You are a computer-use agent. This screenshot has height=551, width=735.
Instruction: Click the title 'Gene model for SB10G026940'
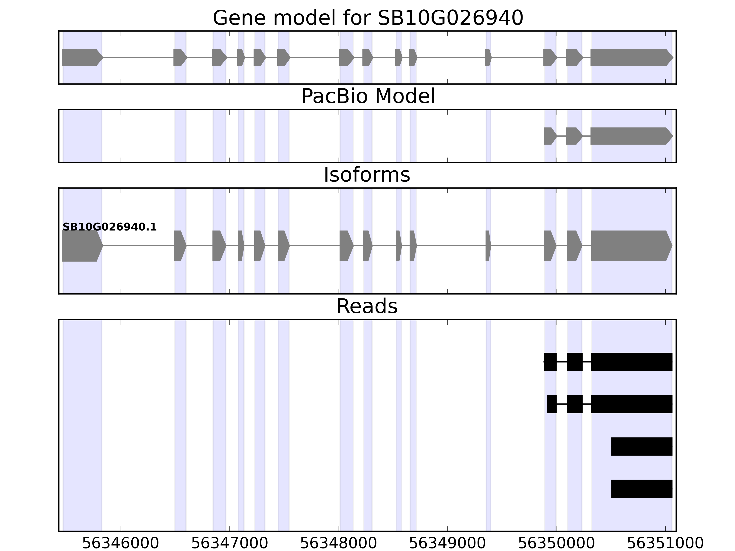click(368, 18)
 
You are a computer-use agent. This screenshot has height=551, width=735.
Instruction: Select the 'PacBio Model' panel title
click(368, 96)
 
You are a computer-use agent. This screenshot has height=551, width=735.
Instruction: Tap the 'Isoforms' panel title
click(367, 175)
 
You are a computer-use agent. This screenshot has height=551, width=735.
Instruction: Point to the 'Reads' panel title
click(367, 306)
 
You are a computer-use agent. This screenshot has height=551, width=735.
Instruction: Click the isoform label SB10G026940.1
click(109, 227)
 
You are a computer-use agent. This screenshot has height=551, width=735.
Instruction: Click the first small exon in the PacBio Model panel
click(550, 136)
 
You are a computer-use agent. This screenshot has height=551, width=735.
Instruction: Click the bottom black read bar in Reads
click(642, 489)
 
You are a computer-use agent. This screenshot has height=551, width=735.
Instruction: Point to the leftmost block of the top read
click(550, 362)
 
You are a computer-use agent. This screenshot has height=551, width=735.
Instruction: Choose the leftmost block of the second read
click(551, 404)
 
